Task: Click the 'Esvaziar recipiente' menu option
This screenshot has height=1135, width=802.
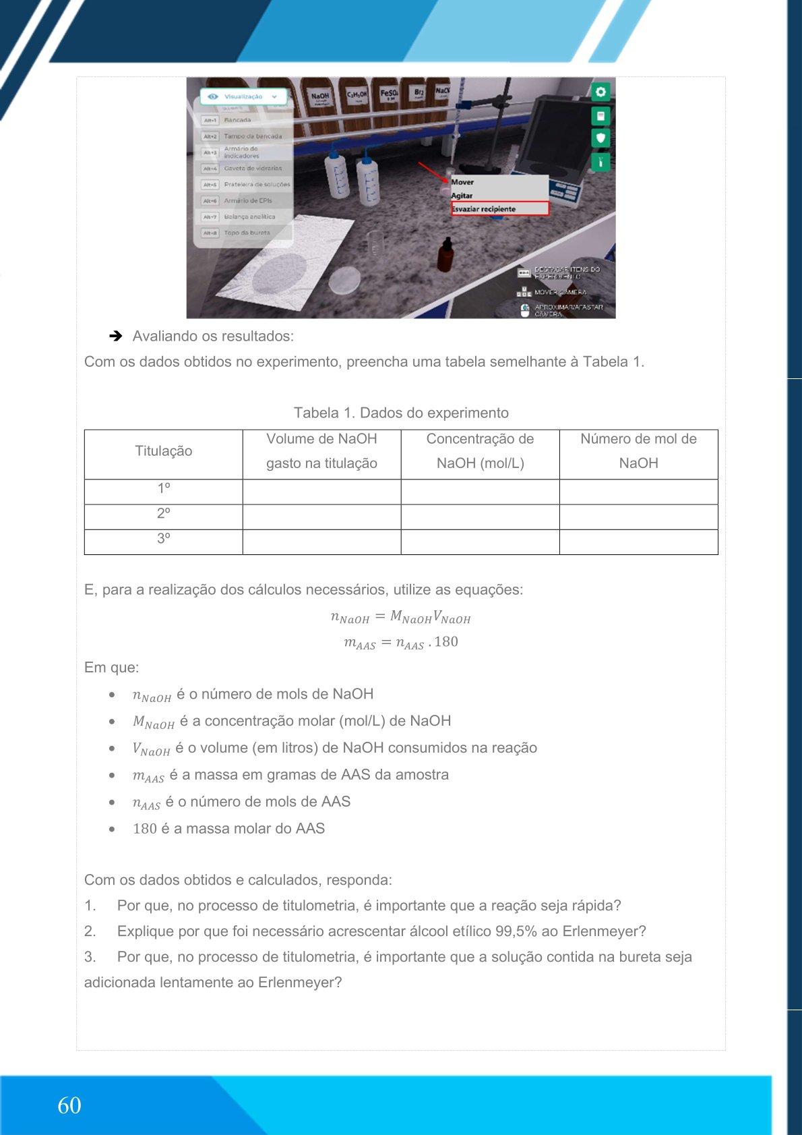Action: pyautogui.click(x=499, y=209)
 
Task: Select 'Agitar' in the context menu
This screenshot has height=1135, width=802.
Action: pyautogui.click(x=462, y=196)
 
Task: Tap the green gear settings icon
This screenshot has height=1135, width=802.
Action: pyautogui.click(x=600, y=92)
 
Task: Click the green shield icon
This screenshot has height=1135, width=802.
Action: pyautogui.click(x=600, y=138)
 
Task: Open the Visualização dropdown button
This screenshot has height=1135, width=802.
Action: pyautogui.click(x=243, y=97)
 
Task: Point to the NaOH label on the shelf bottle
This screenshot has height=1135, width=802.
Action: pyautogui.click(x=319, y=96)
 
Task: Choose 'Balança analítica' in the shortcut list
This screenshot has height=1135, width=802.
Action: pyautogui.click(x=249, y=217)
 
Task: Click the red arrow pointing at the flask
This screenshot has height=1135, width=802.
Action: pyautogui.click(x=433, y=172)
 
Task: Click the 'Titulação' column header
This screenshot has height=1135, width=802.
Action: pyautogui.click(x=164, y=451)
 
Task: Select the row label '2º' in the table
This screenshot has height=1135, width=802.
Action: pyautogui.click(x=164, y=514)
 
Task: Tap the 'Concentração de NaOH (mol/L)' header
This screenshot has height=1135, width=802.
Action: pyautogui.click(x=480, y=451)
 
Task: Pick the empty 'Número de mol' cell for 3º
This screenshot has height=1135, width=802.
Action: pyautogui.click(x=638, y=542)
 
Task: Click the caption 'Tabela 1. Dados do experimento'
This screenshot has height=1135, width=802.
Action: pyautogui.click(x=401, y=413)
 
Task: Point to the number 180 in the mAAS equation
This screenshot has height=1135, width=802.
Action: pyautogui.click(x=446, y=642)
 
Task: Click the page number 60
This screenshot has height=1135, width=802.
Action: pyautogui.click(x=69, y=1105)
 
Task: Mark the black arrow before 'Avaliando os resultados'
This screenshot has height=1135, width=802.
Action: pyautogui.click(x=116, y=336)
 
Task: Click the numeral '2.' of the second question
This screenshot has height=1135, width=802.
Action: pyautogui.click(x=90, y=931)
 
